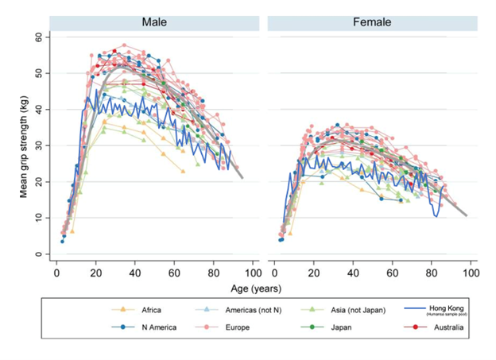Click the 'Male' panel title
point(153,22)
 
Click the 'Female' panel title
point(371,22)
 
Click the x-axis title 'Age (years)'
point(263,288)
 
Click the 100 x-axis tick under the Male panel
point(252,273)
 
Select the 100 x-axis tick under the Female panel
point(471,273)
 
